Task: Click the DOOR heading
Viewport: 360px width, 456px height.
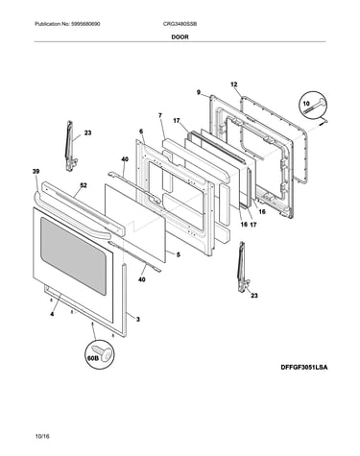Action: [180, 36]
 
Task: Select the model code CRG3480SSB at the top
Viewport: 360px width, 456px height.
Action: [180, 24]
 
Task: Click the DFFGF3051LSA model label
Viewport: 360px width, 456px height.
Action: [304, 368]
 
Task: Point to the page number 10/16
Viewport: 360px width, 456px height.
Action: [42, 436]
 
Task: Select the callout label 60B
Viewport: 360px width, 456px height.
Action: [92, 358]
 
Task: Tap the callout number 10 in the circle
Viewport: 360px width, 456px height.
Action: [306, 104]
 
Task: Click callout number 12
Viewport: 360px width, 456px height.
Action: [234, 84]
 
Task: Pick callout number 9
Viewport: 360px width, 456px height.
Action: [199, 92]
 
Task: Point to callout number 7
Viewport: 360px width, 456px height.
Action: [160, 115]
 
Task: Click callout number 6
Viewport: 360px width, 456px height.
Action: [141, 132]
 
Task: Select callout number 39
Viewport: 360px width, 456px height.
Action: [36, 172]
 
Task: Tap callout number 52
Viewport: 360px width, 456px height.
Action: [84, 185]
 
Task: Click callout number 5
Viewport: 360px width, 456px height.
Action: [179, 254]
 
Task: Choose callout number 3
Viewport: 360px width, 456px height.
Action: [138, 319]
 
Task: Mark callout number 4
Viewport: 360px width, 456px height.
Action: [52, 314]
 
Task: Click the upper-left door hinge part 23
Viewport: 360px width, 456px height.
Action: [70, 146]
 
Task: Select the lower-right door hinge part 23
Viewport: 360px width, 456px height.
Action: [243, 268]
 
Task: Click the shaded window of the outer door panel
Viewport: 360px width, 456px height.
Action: [73, 255]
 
